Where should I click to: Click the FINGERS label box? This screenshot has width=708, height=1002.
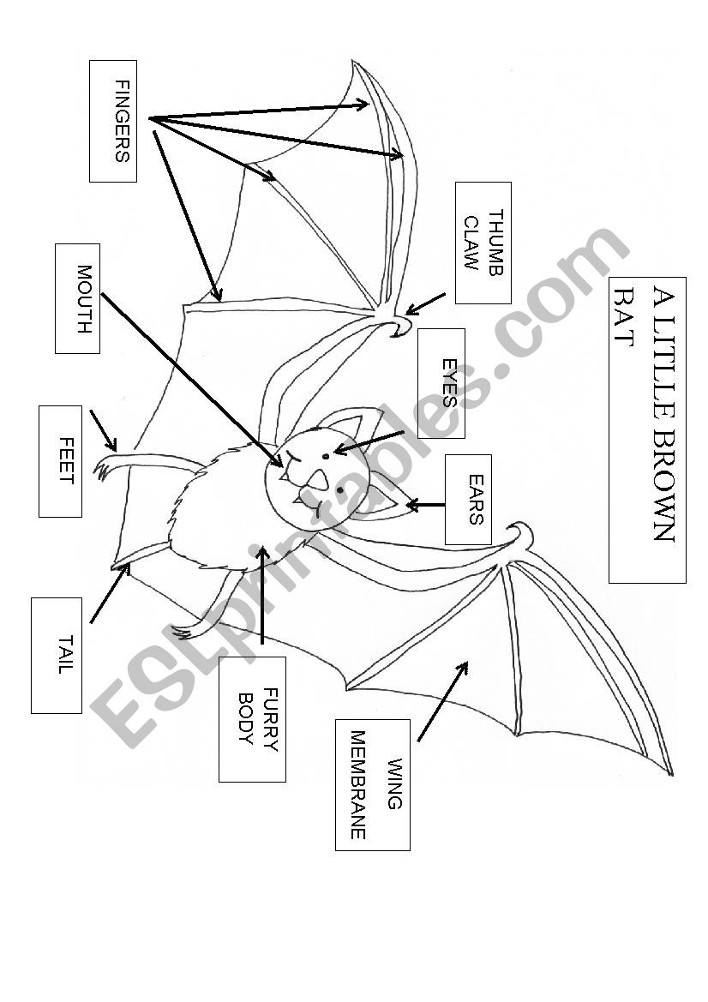click(112, 121)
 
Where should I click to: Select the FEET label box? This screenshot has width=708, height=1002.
click(60, 461)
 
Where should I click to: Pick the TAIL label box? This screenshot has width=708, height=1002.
click(57, 655)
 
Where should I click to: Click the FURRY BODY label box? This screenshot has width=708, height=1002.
click(252, 719)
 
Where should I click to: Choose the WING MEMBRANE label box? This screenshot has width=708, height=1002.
click(372, 784)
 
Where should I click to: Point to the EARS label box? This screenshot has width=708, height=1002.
click(468, 499)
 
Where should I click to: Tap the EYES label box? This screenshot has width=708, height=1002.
click(441, 383)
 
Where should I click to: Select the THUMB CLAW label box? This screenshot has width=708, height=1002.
click(483, 243)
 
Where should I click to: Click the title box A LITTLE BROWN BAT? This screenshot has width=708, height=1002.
click(647, 429)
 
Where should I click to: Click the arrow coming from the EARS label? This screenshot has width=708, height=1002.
click(426, 505)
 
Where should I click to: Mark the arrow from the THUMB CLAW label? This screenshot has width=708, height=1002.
click(426, 304)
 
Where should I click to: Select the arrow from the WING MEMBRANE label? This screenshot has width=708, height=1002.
click(442, 700)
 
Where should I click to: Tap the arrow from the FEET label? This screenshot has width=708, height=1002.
click(103, 429)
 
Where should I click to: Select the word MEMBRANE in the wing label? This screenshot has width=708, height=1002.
click(358, 784)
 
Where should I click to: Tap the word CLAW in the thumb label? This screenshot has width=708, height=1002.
click(471, 243)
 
